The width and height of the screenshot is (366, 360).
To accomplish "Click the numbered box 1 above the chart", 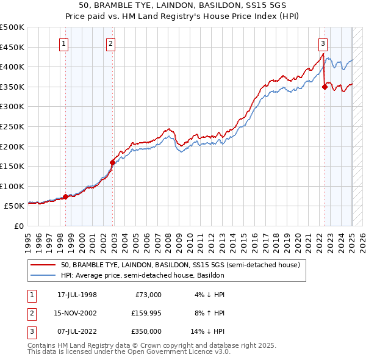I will point(64,43).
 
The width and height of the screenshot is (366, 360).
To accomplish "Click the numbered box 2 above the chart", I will point(110,43).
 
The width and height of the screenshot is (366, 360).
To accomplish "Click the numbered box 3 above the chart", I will point(323,43).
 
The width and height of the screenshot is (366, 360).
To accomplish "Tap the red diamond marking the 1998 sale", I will point(65,196).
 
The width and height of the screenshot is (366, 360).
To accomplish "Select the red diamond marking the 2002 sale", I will point(112,162).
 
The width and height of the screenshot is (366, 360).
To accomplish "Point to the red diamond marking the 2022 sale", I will point(325,87).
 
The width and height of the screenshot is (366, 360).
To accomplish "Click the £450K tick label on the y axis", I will point(12,47).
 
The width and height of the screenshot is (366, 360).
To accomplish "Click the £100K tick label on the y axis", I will point(12,186).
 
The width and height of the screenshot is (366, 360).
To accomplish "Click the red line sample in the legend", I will point(43,265).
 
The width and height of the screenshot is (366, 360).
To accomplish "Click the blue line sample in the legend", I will point(43,276).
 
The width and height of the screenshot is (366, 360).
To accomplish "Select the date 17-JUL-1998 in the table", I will point(77,295).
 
